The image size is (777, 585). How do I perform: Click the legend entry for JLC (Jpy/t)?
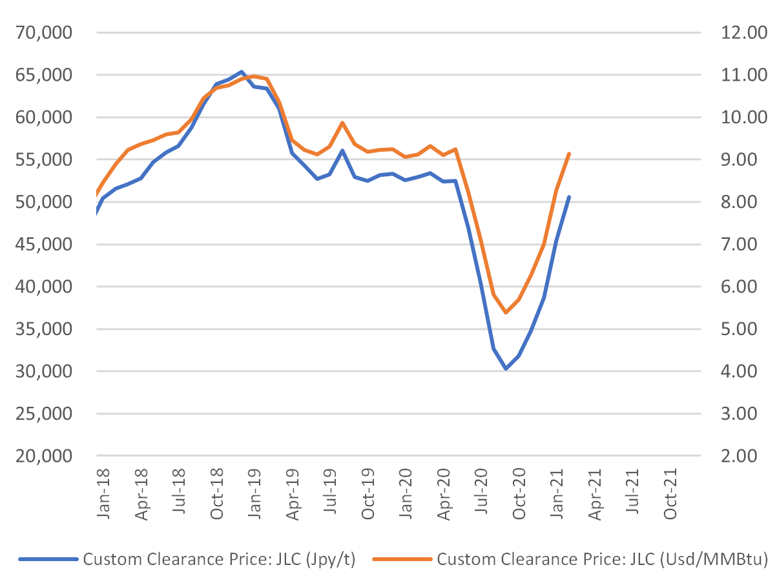tap(219, 559)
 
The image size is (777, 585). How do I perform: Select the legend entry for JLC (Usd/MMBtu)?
tap(601, 559)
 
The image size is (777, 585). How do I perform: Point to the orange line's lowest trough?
tap(506, 313)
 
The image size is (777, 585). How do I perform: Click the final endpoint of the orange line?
tap(569, 154)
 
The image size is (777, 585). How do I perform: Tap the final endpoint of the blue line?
tap(569, 197)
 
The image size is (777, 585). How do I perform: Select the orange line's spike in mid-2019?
tap(342, 123)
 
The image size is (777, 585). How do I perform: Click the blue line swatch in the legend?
tap(48, 560)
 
